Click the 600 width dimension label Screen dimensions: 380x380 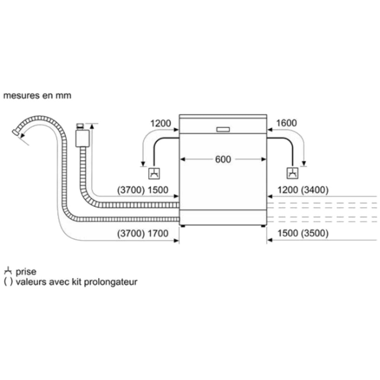click(x=223, y=159)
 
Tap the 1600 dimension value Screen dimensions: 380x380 click(x=286, y=123)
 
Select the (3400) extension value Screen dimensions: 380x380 click(x=315, y=190)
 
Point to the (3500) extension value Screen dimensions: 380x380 click(x=315, y=233)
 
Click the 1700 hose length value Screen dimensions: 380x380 click(x=158, y=233)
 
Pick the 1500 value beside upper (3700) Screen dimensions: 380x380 click(x=158, y=190)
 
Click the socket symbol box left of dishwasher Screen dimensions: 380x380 click(x=154, y=173)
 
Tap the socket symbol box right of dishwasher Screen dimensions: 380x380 click(x=292, y=173)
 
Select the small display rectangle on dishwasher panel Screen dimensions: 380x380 click(x=223, y=129)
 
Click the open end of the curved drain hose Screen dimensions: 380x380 click(x=15, y=133)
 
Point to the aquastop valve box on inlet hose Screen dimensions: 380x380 click(x=83, y=138)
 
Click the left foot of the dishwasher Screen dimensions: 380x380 click(x=183, y=226)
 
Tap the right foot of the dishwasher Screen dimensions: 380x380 click(x=263, y=226)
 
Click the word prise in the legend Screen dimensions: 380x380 click(x=26, y=272)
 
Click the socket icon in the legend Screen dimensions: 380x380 click(x=8, y=271)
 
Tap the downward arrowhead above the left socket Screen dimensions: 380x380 click(x=143, y=164)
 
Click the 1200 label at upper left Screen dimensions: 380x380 click(x=161, y=123)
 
